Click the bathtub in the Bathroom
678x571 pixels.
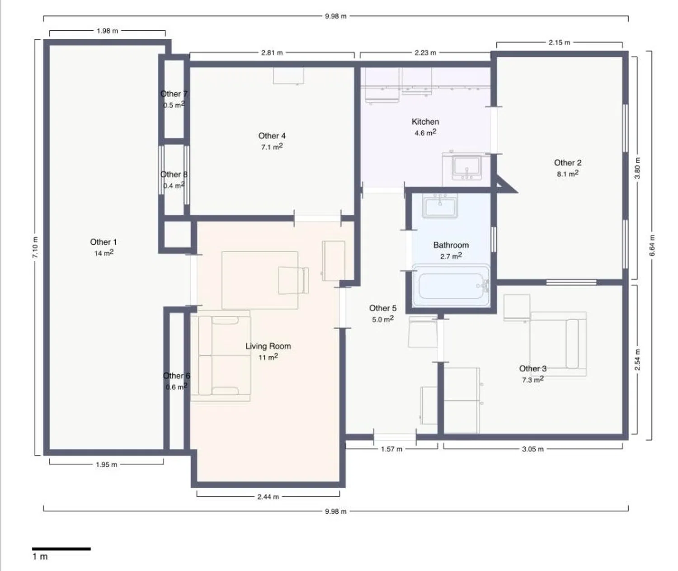click(x=451, y=286)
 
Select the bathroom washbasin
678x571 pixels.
click(x=440, y=205)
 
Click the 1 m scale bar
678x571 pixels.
click(x=61, y=549)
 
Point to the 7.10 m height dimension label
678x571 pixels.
click(x=35, y=247)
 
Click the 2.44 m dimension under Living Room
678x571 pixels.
click(x=268, y=496)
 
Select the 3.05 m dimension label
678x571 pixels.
click(x=533, y=449)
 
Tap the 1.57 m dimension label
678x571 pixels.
click(x=391, y=449)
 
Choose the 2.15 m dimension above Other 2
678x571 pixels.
click(x=560, y=42)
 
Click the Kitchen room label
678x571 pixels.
click(x=425, y=122)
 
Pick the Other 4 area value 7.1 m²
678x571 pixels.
click(x=272, y=147)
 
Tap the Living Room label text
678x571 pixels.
click(x=268, y=346)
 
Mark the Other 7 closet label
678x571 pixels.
click(x=174, y=94)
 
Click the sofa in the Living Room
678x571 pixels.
click(x=221, y=356)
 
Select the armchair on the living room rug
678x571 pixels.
click(x=293, y=280)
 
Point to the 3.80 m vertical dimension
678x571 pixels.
click(x=637, y=168)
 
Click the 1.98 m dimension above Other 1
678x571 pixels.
click(x=108, y=31)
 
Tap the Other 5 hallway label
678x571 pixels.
click(x=383, y=308)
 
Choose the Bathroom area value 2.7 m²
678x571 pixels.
click(x=451, y=256)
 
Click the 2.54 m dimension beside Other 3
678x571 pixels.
click(x=637, y=359)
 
